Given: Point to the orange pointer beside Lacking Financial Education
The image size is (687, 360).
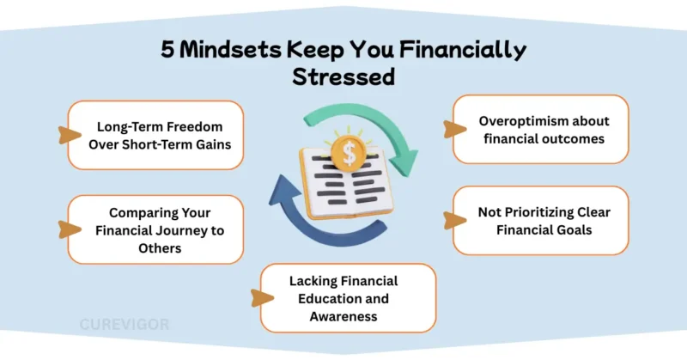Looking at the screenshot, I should click(x=256, y=296).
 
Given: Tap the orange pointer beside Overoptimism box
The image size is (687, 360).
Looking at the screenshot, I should click(x=449, y=129).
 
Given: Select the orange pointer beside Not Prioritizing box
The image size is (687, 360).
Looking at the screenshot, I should click(x=449, y=220).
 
